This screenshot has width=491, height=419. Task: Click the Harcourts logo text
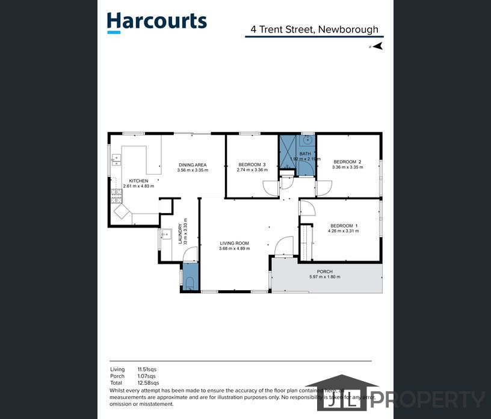pos(156,22)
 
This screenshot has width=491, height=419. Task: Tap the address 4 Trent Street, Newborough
pos(314,29)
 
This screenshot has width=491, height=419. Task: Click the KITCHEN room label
pos(138,181)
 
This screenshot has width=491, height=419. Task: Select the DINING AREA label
pos(193,165)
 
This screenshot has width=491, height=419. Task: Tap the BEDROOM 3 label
pos(252,165)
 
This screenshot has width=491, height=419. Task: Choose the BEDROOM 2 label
pos(347,161)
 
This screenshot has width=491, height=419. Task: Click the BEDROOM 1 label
pos(343,226)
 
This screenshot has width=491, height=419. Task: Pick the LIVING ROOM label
pos(233,243)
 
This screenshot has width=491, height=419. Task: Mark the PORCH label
pos(325,271)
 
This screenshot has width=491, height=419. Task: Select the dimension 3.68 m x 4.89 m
pos(233,249)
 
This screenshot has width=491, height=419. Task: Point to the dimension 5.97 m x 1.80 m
pos(325,276)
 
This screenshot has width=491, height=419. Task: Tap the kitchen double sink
pos(115,160)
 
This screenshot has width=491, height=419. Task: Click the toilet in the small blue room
pos(190,283)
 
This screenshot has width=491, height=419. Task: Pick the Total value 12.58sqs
pos(147,383)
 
